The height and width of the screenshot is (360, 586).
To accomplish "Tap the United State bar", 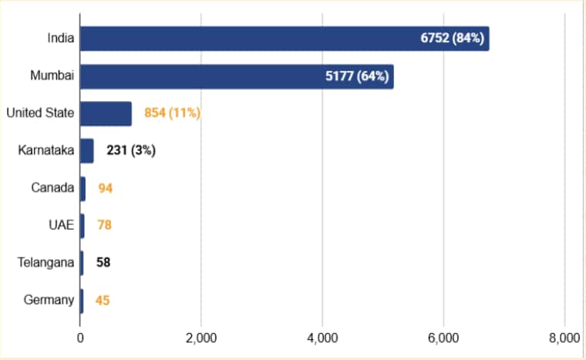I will (106, 113).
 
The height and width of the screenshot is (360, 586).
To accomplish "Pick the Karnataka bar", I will (86, 151).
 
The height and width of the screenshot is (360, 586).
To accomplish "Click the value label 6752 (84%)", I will (452, 39).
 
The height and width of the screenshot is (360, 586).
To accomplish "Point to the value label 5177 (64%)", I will (357, 77).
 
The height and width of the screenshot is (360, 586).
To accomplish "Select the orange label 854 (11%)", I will (172, 113).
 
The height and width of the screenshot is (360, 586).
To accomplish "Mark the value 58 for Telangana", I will (103, 263).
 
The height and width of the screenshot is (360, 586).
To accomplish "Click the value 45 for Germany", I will (103, 300).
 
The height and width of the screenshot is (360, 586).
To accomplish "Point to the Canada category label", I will (52, 188).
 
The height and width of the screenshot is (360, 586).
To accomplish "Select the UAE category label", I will (61, 225).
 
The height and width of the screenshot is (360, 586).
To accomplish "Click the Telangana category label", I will (45, 263).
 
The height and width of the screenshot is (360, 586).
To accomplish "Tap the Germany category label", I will (49, 300).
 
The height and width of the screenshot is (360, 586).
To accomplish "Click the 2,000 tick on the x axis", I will (200, 338).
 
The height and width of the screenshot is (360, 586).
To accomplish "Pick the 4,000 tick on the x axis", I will (322, 338).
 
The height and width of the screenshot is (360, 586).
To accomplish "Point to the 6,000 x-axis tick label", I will (443, 338).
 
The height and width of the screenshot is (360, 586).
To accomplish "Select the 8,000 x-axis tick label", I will (564, 338).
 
